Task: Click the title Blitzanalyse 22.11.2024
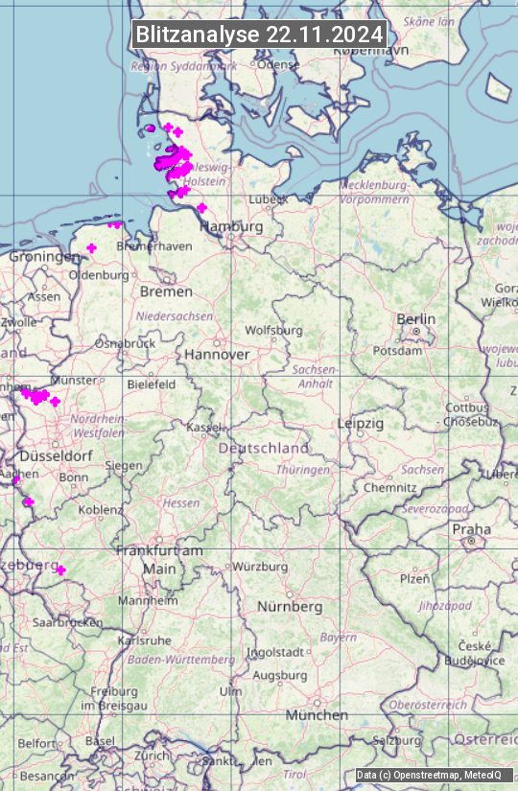click(259, 34)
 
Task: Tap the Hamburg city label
click(231, 226)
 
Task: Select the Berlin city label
click(416, 319)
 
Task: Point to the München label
click(317, 715)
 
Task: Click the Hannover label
click(217, 354)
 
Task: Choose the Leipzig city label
click(361, 423)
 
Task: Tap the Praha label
click(472, 529)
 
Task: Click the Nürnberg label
click(290, 607)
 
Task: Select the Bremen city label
click(166, 291)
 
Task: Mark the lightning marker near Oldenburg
click(91, 248)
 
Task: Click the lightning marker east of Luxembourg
click(60, 570)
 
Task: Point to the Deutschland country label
click(264, 448)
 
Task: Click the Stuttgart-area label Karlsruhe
click(144, 640)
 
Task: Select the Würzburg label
click(260, 567)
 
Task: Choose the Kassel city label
click(204, 427)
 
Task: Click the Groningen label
click(44, 257)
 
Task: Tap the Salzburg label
click(397, 740)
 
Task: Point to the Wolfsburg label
click(273, 330)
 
